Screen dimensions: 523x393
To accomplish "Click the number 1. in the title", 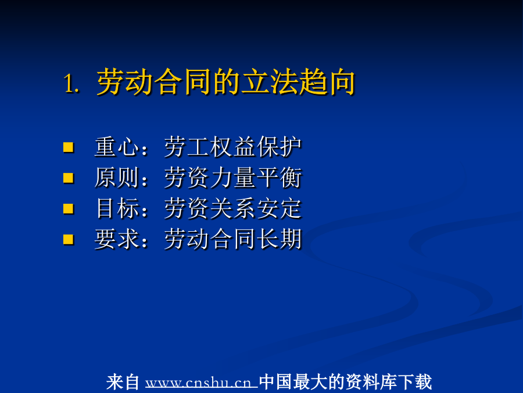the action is click(x=71, y=83).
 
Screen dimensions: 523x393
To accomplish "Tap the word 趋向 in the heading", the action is click(x=327, y=82).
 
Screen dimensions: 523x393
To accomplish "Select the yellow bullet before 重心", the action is click(x=69, y=147).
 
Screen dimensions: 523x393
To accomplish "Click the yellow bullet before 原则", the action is click(x=69, y=178).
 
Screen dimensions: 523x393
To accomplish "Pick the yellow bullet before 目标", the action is click(x=69, y=208).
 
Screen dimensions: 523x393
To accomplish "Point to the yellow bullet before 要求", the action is click(x=69, y=239).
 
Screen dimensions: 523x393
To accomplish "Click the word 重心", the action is click(x=117, y=147).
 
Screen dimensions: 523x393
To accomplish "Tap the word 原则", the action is click(x=117, y=178).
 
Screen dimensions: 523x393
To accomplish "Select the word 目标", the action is click(x=117, y=208).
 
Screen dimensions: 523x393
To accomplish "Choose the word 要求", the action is click(x=117, y=239).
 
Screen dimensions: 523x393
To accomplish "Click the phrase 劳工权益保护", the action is click(x=233, y=147).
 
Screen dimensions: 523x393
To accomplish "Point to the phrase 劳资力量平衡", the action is click(x=233, y=178).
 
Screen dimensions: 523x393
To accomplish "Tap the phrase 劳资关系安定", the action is click(x=233, y=208).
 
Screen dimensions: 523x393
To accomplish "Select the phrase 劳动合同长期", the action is click(x=233, y=239).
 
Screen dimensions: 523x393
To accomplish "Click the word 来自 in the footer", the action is click(x=123, y=382).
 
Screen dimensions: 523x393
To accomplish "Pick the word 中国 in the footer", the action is click(x=276, y=382).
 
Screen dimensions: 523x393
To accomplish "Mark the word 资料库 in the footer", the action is click(x=371, y=382).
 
